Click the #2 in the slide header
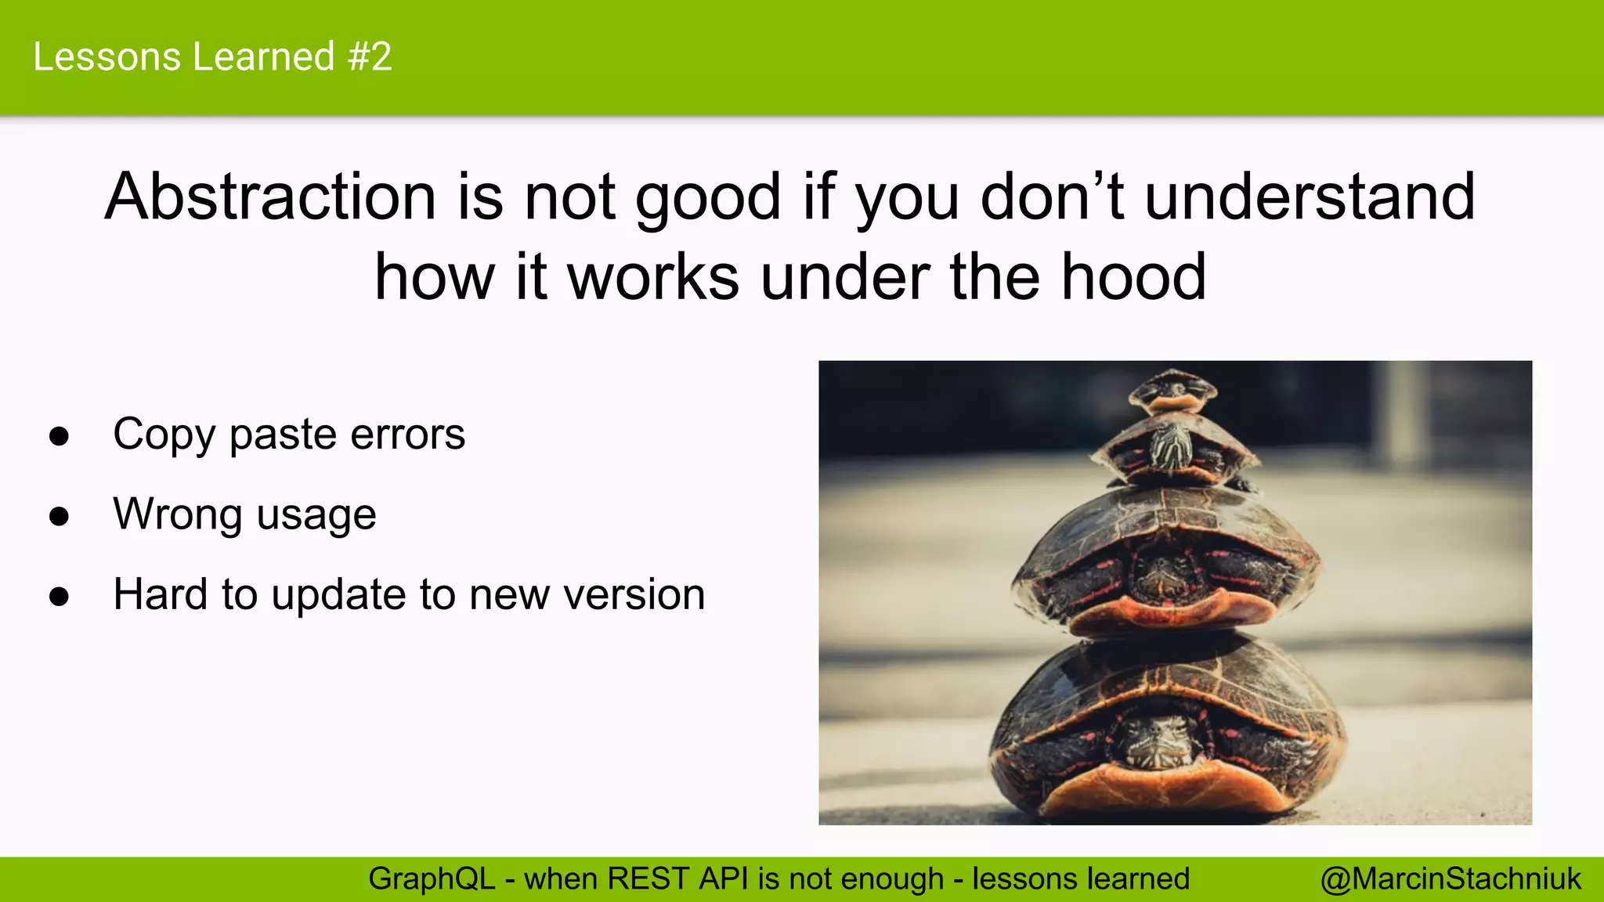point(370,57)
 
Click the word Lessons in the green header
point(107,57)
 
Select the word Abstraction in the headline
point(270,197)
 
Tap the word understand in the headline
point(1310,197)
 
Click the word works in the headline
point(653,277)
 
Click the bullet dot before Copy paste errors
point(59,436)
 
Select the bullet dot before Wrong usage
point(59,517)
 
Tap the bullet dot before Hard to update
point(59,597)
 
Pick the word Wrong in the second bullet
point(178,514)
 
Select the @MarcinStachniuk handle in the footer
point(1450,879)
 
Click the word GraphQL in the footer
point(432,879)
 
